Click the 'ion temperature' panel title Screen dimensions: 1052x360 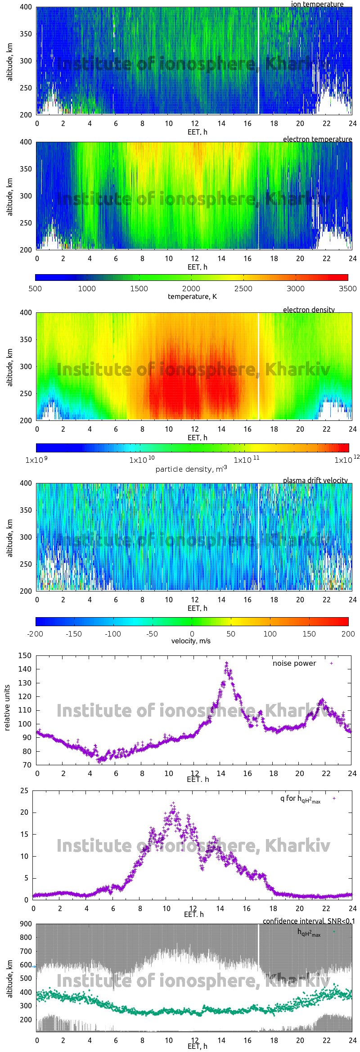pyautogui.click(x=317, y=4)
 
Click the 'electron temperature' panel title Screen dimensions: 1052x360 pyautogui.click(x=317, y=139)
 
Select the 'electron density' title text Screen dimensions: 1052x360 pyautogui.click(x=309, y=310)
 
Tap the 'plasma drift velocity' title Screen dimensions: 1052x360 pyautogui.click(x=315, y=480)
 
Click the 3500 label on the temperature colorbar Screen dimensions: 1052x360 pyautogui.click(x=347, y=289)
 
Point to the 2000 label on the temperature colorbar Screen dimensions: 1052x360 pyautogui.click(x=191, y=289)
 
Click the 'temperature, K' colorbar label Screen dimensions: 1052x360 pyautogui.click(x=192, y=297)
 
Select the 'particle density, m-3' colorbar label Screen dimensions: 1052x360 pyautogui.click(x=191, y=469)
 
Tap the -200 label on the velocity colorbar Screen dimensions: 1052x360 pyautogui.click(x=35, y=634)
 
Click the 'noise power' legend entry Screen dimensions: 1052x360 pyautogui.click(x=294, y=664)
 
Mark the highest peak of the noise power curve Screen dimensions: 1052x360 pyautogui.click(x=226, y=663)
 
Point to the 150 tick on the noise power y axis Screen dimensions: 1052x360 pyautogui.click(x=25, y=655)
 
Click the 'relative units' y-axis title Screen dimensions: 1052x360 pyautogui.click(x=7, y=708)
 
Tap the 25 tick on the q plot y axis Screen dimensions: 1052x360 pyautogui.click(x=24, y=791)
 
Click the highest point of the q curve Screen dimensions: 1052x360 pyautogui.click(x=173, y=803)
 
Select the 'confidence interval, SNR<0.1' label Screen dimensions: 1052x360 pyautogui.click(x=309, y=921)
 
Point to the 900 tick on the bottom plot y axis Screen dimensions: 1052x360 pyautogui.click(x=26, y=924)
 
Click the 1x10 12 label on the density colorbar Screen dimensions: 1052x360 pyautogui.click(x=346, y=460)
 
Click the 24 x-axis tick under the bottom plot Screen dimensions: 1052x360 pyautogui.click(x=352, y=1040)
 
